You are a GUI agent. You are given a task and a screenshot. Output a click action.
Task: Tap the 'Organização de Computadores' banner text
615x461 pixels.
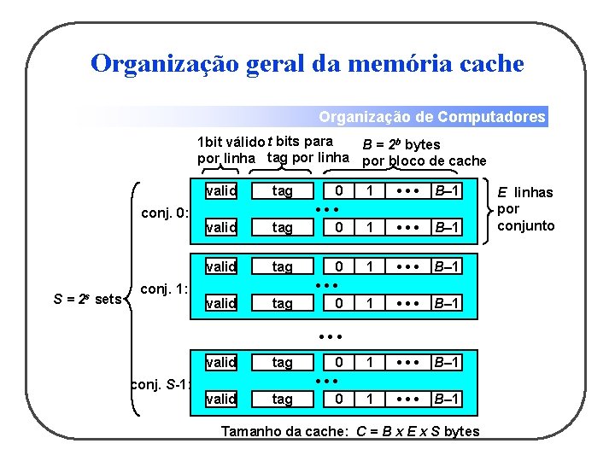point(431,117)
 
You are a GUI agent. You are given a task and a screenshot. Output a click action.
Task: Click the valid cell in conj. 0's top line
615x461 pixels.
point(221,190)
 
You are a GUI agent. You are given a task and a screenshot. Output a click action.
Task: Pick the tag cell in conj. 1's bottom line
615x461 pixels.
point(282,303)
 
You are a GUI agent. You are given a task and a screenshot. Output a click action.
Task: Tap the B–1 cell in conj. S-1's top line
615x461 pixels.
point(445,362)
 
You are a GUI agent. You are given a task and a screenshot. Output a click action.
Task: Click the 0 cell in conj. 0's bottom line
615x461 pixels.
point(339,227)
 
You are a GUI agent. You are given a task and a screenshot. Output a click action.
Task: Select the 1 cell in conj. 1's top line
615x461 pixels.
point(370,266)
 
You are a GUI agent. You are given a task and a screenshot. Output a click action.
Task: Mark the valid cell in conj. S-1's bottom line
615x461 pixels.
point(221,399)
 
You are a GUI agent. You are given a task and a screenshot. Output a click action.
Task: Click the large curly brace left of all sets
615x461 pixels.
point(132,298)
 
